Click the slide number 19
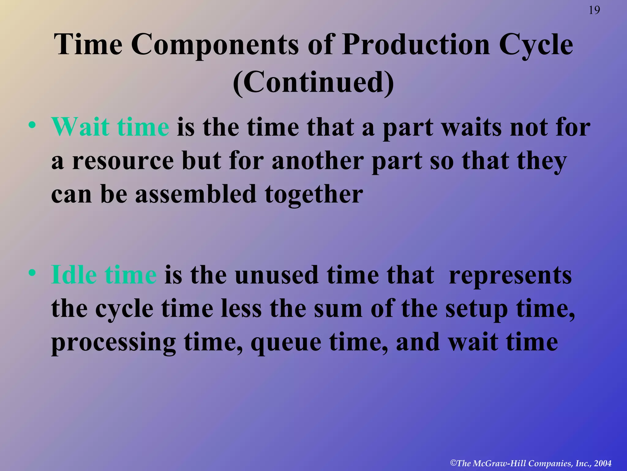[594, 10]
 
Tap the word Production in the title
[416, 45]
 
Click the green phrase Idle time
[104, 274]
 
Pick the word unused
[276, 275]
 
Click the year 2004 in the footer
[603, 463]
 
